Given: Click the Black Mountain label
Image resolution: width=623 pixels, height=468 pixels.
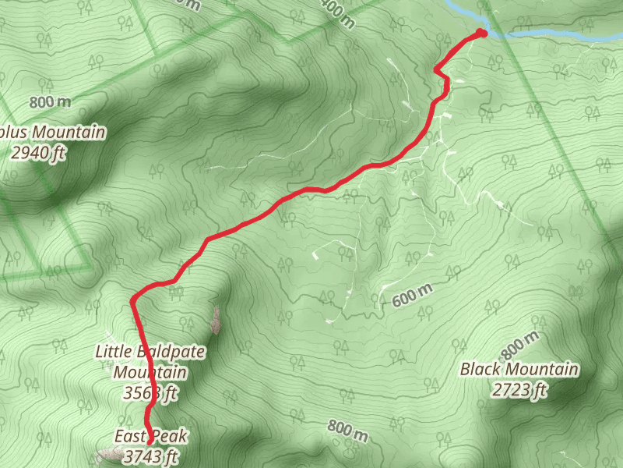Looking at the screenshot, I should pos(519,369).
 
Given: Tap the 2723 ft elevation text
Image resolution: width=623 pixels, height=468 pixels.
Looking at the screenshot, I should pos(520,389).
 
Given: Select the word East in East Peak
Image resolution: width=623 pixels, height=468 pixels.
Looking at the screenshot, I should pos(129,437).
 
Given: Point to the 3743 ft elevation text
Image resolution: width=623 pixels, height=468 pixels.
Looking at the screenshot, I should pos(151,456).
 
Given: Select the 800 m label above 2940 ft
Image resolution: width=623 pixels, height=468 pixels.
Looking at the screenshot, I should pos(50,102).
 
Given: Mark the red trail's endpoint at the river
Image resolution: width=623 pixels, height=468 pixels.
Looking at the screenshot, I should pos(482,32).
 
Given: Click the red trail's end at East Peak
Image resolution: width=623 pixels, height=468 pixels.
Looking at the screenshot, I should pos(148,422).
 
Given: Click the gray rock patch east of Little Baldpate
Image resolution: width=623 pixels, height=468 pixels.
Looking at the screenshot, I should pos(216,319).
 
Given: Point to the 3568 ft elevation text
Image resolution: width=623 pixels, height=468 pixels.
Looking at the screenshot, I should pos(151,392).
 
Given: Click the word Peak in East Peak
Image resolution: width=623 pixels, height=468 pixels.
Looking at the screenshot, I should pos(171,437).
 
